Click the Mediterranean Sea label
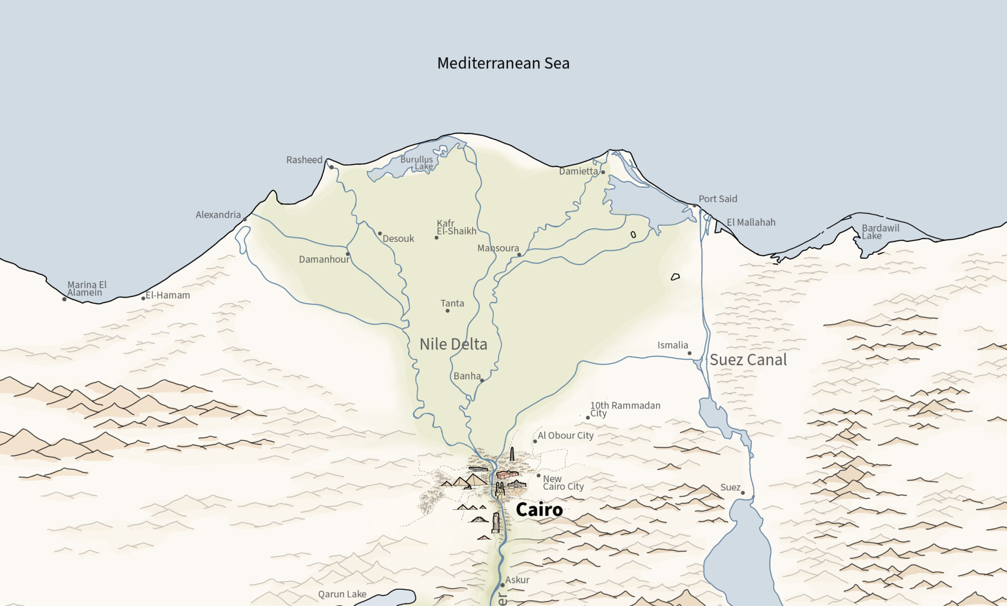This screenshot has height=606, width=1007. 503,63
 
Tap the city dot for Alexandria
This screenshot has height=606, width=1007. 245,220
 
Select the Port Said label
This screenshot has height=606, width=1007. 717,199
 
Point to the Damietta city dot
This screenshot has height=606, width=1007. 603,172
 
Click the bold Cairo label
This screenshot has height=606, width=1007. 539,510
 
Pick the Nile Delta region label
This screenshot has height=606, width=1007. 453,345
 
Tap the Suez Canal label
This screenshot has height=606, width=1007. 748,360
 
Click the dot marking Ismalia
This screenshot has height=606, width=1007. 689,353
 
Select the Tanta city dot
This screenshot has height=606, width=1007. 447,311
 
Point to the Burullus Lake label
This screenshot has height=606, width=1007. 417,163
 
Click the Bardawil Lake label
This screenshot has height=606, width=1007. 880,232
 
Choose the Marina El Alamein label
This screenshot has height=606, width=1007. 87,289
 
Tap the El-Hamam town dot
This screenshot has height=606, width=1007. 143,298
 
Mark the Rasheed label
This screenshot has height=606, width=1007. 304,160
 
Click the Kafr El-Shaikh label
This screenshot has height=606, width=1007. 456,227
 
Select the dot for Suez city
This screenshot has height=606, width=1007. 743,493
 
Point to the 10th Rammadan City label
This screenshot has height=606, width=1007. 625,409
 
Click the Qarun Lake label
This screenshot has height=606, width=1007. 342,594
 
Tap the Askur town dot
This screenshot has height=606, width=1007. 502,585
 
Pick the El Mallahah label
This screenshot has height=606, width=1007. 751,223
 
